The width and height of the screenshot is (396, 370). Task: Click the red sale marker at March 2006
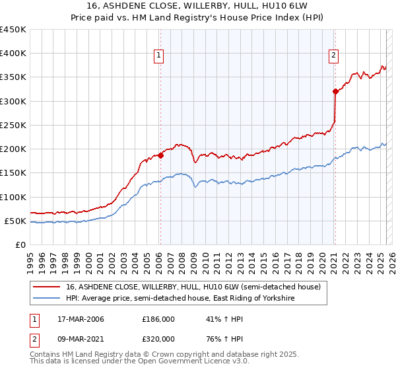[160, 156]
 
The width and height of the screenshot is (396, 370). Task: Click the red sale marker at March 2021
[335, 92]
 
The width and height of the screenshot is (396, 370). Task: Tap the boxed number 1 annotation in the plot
[160, 56]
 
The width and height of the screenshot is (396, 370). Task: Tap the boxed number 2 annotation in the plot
[334, 55]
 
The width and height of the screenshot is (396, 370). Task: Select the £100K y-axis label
[13, 197]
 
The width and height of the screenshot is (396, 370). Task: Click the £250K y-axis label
[13, 125]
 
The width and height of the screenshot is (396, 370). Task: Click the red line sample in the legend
[47, 287]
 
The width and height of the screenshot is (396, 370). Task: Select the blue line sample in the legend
[47, 299]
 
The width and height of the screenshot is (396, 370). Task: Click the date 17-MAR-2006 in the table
[77, 319]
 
